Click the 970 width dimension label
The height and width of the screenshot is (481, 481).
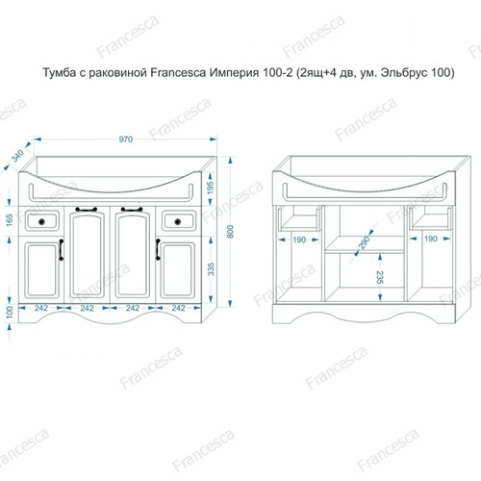point(125,139)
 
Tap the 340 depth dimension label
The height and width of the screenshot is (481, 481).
point(17,156)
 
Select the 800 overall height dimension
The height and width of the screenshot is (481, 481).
point(230,232)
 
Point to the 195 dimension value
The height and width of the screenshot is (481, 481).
point(211,189)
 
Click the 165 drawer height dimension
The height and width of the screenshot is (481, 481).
point(10,220)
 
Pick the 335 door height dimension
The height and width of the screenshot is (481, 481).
point(211,269)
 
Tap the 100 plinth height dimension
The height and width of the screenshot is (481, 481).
point(10,312)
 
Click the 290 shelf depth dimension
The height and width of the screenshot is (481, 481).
point(365,242)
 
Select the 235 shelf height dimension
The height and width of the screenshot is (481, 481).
point(380,277)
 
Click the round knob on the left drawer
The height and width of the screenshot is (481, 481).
point(41,221)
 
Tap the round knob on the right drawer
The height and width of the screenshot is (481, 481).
point(178,221)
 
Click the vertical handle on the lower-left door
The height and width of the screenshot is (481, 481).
point(62,250)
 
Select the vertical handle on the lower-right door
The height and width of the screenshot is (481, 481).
point(158,249)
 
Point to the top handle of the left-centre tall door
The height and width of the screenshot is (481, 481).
point(87,210)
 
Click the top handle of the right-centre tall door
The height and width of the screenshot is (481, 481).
point(132,210)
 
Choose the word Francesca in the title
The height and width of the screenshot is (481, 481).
point(178,73)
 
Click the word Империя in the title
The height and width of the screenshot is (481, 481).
point(234,73)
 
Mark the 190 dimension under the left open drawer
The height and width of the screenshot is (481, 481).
point(299,240)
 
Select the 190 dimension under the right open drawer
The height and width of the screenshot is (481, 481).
point(430,239)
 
